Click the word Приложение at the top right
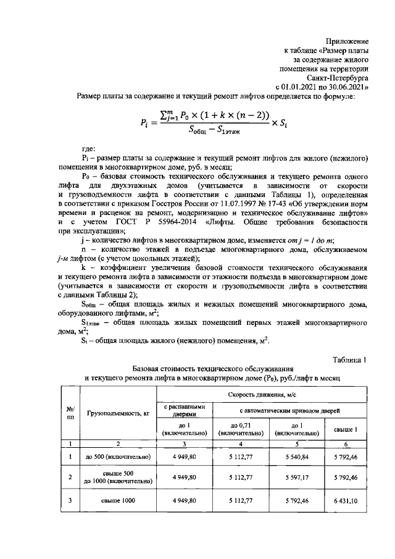pos(346,40)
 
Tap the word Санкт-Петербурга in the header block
pos(337,79)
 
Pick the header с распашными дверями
pos(184,411)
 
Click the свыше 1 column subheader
pos(346,429)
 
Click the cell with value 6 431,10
pos(346,500)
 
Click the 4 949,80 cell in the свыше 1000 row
pos(184,500)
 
